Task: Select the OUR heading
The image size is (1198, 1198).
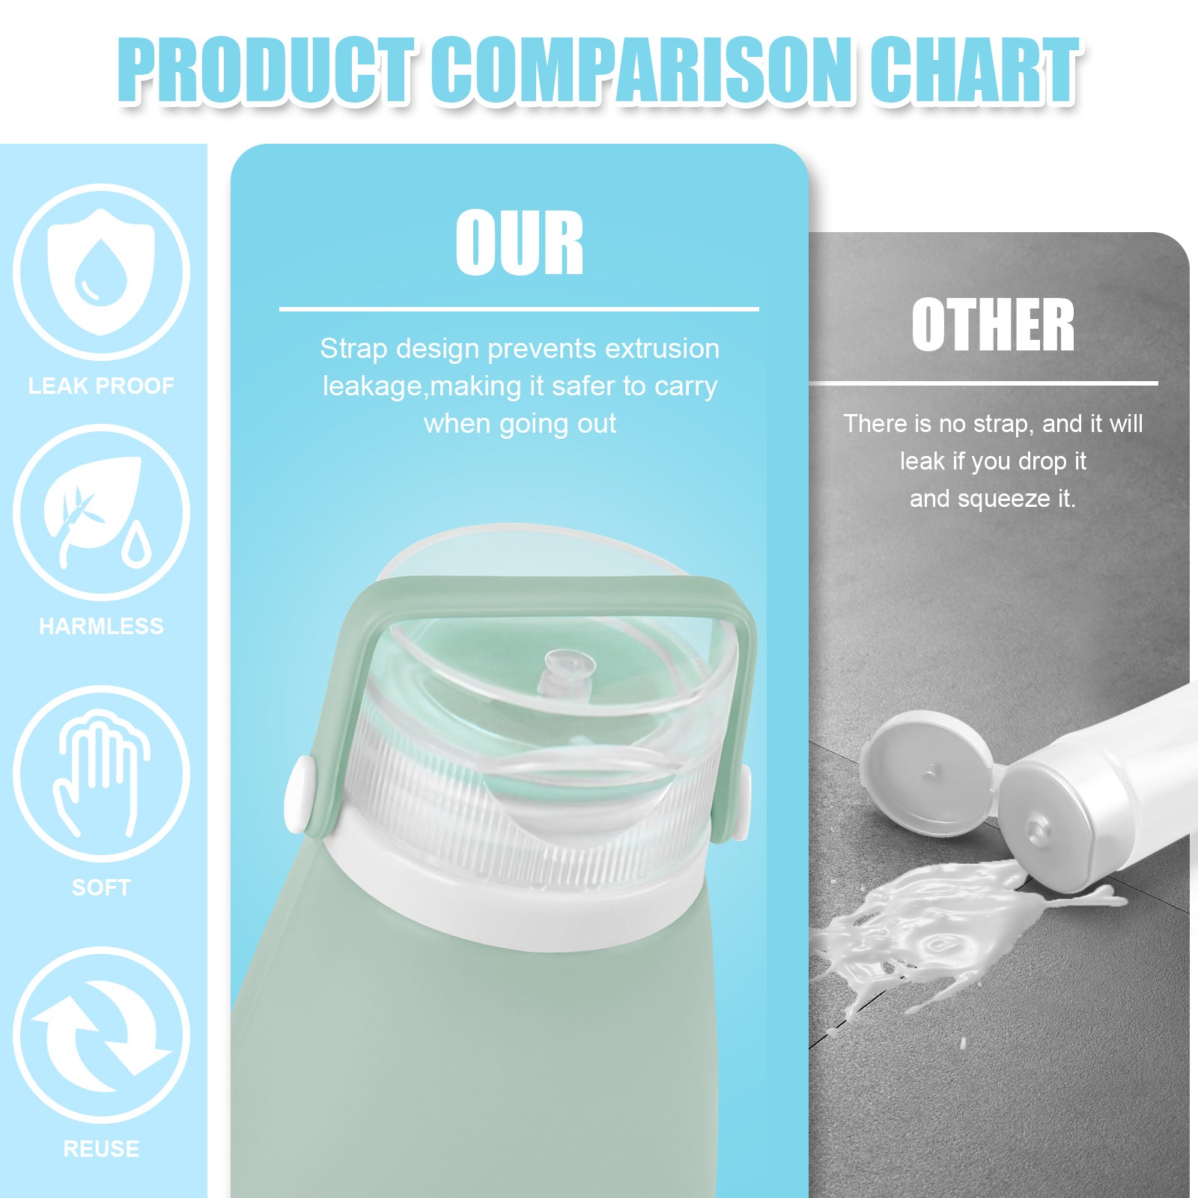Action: pos(520,243)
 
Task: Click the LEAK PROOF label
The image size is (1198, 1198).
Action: pos(101,386)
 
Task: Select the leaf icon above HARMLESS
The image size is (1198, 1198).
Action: pos(101,513)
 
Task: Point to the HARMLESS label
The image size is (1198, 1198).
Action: pos(101,627)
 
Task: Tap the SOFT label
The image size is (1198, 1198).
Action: pos(101,888)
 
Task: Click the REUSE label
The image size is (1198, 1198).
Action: pos(101,1149)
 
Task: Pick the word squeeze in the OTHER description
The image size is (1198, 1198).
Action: pos(1004,499)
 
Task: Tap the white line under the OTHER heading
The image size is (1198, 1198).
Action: pos(983,383)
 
